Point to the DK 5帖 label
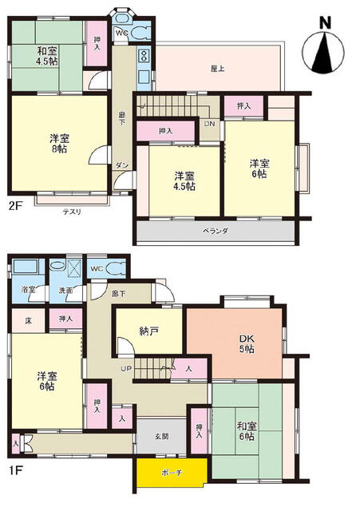click(247, 344)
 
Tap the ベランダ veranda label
click(216, 231)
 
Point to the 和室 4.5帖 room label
click(45, 55)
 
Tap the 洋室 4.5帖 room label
click(184, 180)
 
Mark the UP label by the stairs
click(126, 368)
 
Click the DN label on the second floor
click(208, 124)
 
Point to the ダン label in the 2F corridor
click(122, 164)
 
